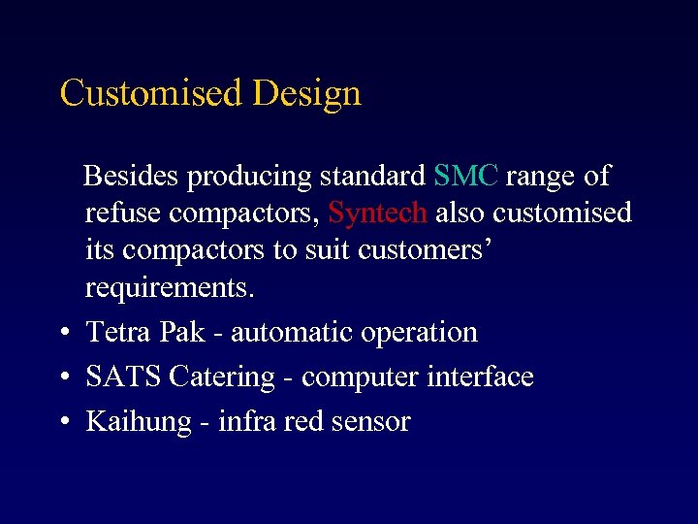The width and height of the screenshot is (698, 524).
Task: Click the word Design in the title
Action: click(x=306, y=94)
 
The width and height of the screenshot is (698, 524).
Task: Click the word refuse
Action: click(x=124, y=213)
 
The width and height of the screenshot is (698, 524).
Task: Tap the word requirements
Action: click(x=169, y=288)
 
